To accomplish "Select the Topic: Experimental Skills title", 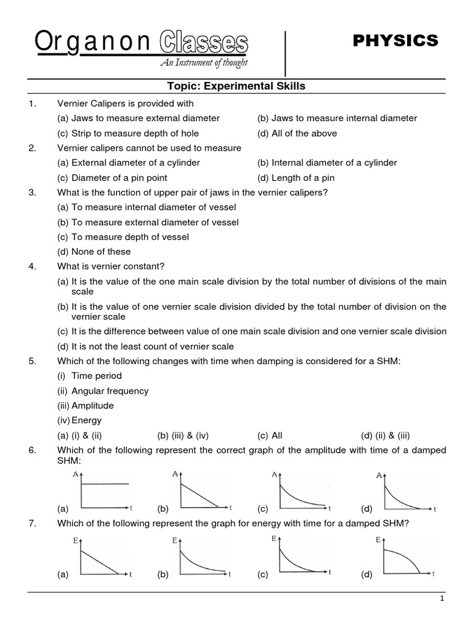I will [x=236, y=86].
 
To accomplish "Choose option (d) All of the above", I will [x=297, y=133].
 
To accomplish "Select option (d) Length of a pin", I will [x=296, y=178].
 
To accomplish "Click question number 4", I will [x=33, y=266].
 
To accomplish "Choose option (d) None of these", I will [x=94, y=251].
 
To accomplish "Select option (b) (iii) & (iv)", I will [x=183, y=435].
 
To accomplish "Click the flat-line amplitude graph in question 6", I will [x=105, y=490].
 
